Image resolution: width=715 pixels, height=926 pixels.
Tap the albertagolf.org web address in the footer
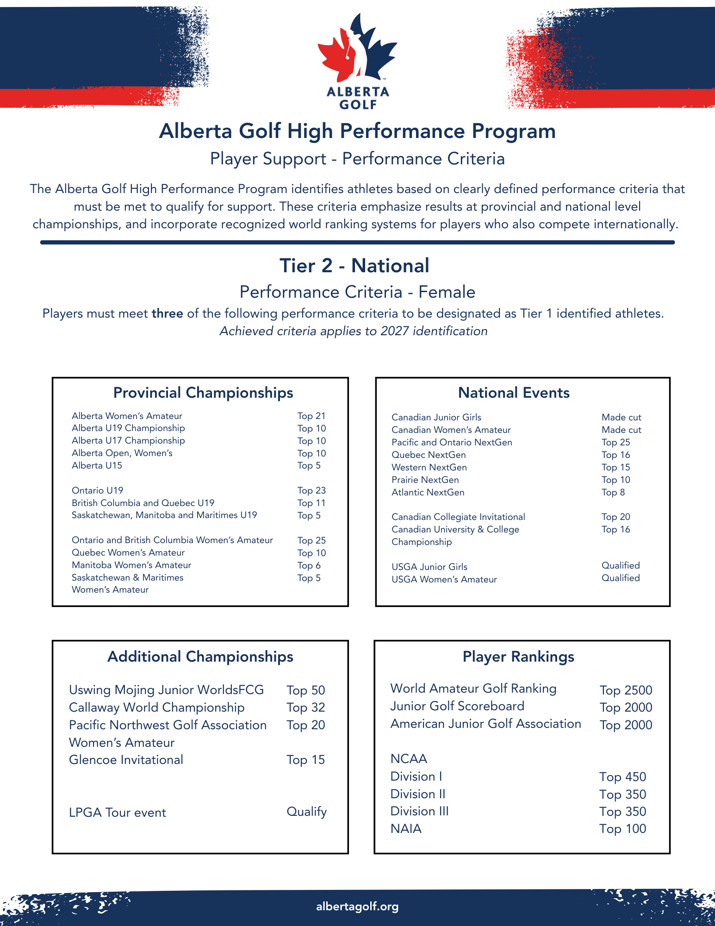[357, 906]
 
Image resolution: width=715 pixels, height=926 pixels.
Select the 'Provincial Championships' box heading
[203, 393]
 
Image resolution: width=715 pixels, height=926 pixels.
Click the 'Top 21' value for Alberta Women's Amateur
[311, 416]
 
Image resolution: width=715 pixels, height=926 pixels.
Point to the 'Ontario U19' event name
[97, 490]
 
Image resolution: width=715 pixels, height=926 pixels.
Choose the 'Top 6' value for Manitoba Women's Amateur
[309, 565]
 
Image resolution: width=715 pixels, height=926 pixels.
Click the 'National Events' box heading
[514, 393]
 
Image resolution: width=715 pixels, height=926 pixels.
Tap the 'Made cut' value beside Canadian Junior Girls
[621, 417]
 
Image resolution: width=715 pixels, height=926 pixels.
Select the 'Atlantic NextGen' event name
[428, 492]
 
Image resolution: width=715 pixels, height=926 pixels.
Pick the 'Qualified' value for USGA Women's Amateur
[620, 578]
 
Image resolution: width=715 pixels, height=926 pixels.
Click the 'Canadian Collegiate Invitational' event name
[458, 517]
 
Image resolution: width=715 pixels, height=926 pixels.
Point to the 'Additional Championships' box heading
[200, 657]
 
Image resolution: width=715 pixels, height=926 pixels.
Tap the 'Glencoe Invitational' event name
[126, 760]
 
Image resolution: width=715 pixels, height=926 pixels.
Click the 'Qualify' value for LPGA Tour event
[306, 812]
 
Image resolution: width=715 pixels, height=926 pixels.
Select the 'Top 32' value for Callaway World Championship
[305, 707]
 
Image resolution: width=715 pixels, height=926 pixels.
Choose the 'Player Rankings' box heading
[518, 657]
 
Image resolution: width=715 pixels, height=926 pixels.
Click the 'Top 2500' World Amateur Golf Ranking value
[626, 690]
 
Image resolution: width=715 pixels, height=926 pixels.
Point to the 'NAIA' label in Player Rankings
[406, 829]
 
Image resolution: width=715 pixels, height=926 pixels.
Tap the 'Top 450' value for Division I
[622, 777]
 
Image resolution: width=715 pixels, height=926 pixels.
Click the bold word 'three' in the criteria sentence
[167, 313]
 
